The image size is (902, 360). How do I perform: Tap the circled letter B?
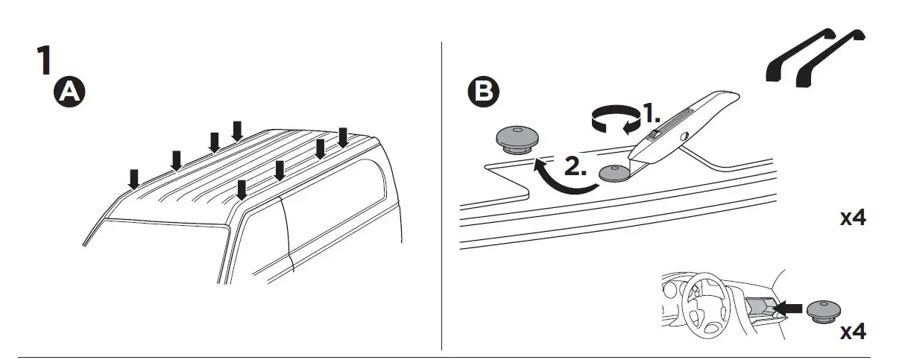[x=485, y=91]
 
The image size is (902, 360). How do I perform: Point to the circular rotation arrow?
[x=614, y=119]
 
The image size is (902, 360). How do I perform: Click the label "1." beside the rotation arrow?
[x=652, y=114]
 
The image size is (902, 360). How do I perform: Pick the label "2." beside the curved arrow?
[x=575, y=167]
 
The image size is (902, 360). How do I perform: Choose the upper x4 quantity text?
[x=853, y=218]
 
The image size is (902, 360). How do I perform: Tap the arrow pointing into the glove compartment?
[x=789, y=306]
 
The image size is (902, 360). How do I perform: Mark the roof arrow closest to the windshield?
[x=134, y=179]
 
